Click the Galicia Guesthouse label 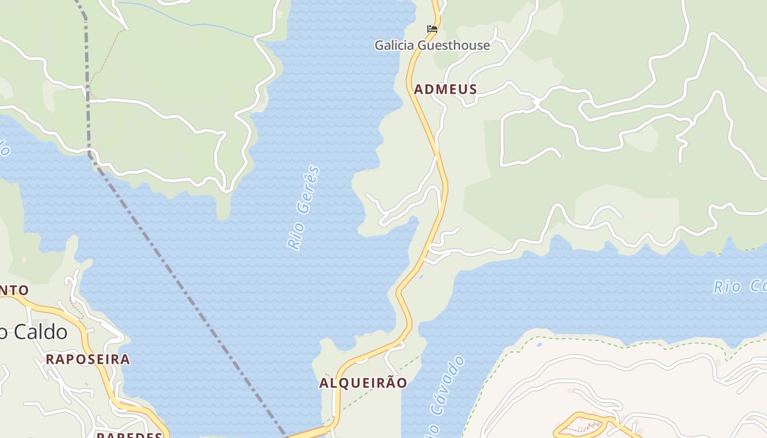[x=432, y=45]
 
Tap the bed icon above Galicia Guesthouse [x=432, y=28]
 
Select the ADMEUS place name [x=445, y=89]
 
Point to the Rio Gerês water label [x=304, y=208]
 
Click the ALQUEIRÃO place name [x=363, y=383]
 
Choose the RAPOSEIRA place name [x=88, y=359]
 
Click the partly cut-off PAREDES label [x=129, y=435]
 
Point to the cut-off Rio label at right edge [x=740, y=286]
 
